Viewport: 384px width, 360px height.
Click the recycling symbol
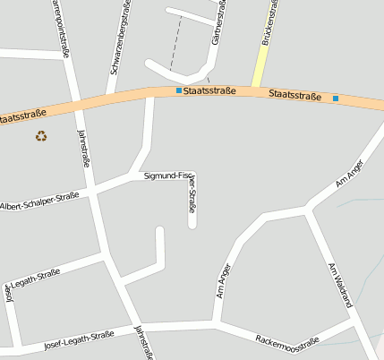[41, 136]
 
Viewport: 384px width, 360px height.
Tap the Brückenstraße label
[269, 23]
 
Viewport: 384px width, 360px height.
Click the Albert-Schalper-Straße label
[39, 201]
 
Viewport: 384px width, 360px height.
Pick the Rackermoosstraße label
[287, 341]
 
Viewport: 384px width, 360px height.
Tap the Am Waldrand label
[340, 285]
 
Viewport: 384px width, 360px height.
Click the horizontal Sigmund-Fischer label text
[166, 176]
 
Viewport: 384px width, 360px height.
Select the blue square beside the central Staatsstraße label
[178, 90]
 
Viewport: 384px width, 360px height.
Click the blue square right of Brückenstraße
[336, 98]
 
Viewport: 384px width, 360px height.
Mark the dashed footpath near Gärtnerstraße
[175, 45]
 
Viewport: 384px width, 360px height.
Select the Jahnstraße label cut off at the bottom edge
[141, 342]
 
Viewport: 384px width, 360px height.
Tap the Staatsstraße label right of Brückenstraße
[294, 94]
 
